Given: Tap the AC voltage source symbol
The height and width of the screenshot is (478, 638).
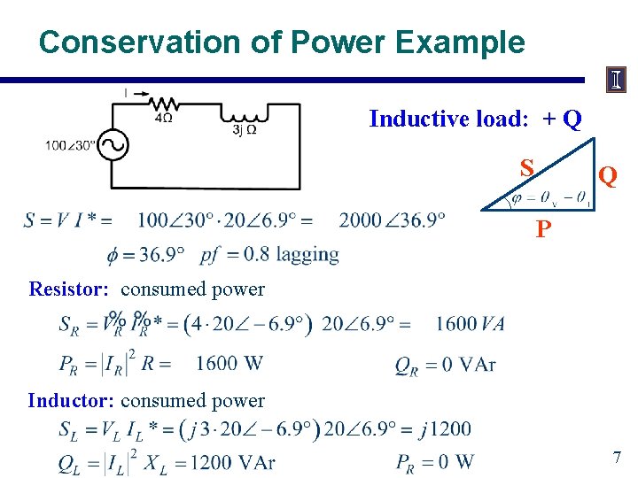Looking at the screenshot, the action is point(113,145).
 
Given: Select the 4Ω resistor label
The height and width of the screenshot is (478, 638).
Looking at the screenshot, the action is point(163,116).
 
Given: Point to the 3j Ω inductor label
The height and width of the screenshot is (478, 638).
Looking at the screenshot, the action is point(245,129).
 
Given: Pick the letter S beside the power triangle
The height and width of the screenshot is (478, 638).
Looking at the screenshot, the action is point(527,167).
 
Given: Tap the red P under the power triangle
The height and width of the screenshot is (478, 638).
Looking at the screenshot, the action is point(543,230).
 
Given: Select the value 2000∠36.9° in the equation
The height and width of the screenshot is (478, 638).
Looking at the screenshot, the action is point(392,220).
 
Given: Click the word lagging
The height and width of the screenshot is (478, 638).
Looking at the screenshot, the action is point(307,255).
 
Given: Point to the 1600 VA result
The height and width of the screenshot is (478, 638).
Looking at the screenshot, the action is point(470,324).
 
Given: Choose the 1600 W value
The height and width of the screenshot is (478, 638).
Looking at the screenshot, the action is point(230,363).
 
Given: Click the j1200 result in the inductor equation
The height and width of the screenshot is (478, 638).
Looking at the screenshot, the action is point(446,430).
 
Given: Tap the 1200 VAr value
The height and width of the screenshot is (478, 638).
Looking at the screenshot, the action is point(234,462).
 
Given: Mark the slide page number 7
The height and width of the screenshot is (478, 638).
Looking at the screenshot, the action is point(617,458).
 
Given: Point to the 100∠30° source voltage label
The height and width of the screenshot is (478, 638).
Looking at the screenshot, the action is point(72,145).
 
